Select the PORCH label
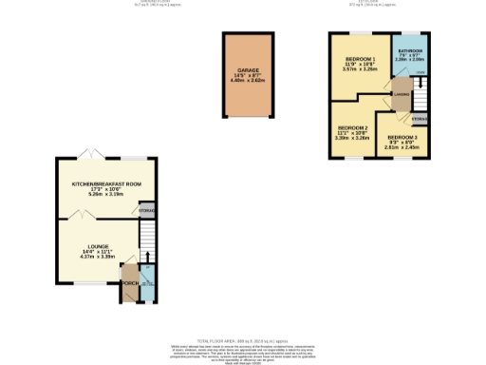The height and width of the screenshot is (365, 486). tap(127, 280)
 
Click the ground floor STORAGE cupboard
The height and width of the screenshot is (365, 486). tap(147, 209)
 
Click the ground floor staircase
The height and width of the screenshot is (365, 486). tap(147, 242)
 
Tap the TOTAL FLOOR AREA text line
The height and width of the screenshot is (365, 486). tap(242, 339)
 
